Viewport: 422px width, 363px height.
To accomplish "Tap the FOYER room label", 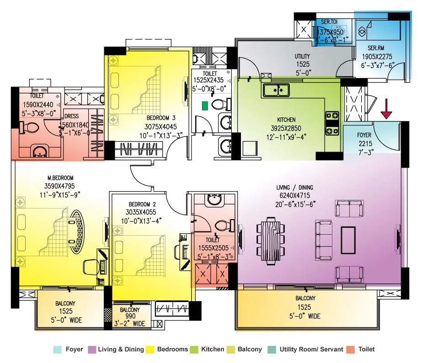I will (364, 135).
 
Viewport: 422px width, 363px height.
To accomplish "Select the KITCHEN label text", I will (286, 120).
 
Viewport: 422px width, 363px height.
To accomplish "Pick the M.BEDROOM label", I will (60, 177).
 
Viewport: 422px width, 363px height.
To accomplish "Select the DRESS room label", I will (72, 116).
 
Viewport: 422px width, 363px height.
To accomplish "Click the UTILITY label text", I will (302, 56).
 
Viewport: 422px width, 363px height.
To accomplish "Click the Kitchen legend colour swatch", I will (193, 349).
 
